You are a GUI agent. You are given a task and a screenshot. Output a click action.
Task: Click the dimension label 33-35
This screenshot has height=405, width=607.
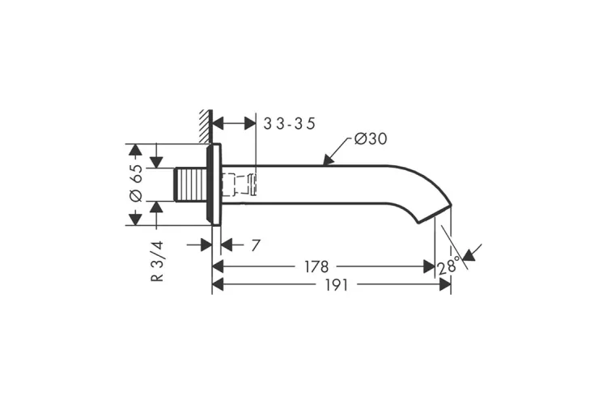click(x=289, y=124)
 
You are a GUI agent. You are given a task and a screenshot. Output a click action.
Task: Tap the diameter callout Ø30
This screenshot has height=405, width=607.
click(x=371, y=139)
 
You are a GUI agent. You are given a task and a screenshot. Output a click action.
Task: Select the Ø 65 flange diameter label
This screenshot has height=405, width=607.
click(x=136, y=183)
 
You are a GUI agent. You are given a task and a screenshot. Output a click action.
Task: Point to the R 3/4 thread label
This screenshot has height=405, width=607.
click(x=157, y=261)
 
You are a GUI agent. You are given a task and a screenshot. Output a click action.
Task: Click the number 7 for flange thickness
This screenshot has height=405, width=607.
click(x=256, y=245)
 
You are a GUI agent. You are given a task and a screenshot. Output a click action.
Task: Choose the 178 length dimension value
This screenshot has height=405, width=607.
click(x=316, y=266)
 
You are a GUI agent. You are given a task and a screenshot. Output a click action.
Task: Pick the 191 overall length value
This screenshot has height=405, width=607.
click(x=336, y=285)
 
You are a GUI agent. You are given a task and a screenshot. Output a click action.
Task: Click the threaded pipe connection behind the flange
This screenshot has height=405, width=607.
click(x=190, y=185)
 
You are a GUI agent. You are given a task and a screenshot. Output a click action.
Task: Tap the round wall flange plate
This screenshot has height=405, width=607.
click(x=215, y=185)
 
